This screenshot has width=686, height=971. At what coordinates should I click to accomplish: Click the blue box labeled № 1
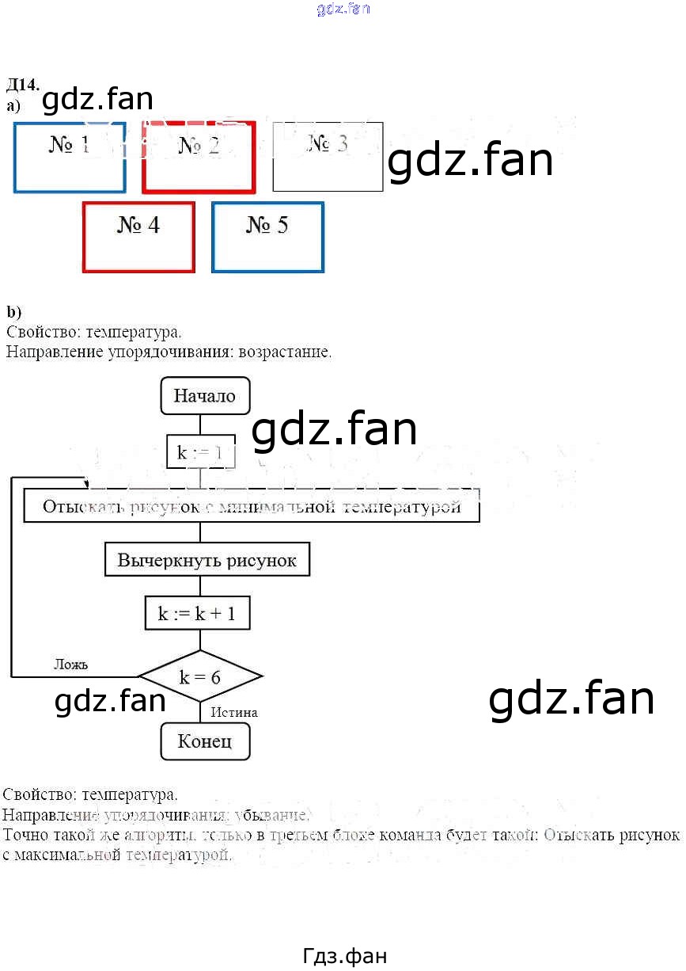[x=70, y=157]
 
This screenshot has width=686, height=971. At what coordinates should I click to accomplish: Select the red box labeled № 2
[x=199, y=157]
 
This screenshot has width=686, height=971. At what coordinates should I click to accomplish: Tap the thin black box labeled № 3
[x=328, y=157]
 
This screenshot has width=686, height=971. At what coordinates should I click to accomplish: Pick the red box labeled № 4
[x=138, y=237]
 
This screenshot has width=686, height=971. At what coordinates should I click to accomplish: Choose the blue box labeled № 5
[x=267, y=237]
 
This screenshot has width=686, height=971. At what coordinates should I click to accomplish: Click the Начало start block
[x=205, y=396]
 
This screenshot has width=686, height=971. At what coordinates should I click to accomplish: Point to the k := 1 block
[x=200, y=452]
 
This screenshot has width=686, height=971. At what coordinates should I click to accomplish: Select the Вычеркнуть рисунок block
[x=207, y=561]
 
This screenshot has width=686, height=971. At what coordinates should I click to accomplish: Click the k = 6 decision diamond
[x=200, y=677]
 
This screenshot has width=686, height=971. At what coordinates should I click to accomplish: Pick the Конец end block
[x=205, y=741]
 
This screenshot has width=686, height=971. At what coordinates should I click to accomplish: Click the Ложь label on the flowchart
[x=70, y=664]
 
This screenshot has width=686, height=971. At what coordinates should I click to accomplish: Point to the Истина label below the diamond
[x=234, y=712]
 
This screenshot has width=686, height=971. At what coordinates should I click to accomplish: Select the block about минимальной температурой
[x=252, y=507]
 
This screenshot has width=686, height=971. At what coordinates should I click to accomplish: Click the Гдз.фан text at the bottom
[x=344, y=956]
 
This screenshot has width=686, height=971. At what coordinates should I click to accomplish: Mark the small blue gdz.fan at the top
[x=343, y=10]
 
